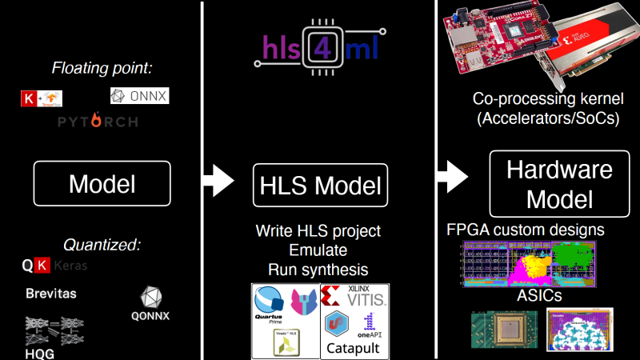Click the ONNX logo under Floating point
pyautogui.click(x=140, y=97)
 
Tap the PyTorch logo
pyautogui.click(x=97, y=122)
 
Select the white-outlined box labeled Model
pyautogui.click(x=102, y=184)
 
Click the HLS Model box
pyautogui.click(x=320, y=186)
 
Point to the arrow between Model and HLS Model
pyautogui.click(x=215, y=180)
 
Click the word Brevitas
pyautogui.click(x=50, y=294)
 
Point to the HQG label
pyautogui.click(x=38, y=353)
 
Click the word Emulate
pyautogui.click(x=318, y=250)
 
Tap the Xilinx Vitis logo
pyautogui.click(x=354, y=299)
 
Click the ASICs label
pyautogui.click(x=538, y=295)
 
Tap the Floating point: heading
pyautogui.click(x=102, y=68)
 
